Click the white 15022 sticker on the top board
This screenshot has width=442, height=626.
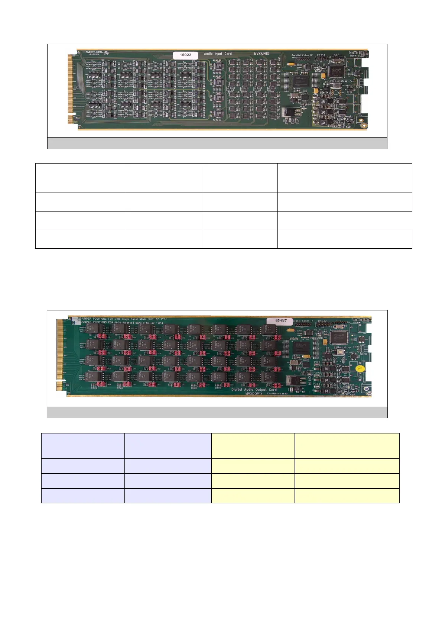point(185,55)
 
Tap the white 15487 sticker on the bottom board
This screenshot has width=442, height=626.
point(281,320)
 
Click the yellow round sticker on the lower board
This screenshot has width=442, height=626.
point(359,369)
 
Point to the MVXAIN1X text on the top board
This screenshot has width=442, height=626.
point(261,54)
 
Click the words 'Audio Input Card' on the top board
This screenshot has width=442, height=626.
point(218,54)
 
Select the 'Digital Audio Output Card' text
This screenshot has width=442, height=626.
point(254,390)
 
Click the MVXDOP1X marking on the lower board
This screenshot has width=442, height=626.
point(254,394)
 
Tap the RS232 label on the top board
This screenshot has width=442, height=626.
point(321,55)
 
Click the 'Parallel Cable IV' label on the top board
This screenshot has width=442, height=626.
point(302,55)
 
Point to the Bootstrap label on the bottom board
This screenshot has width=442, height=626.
point(344,348)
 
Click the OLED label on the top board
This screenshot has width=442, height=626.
point(359,88)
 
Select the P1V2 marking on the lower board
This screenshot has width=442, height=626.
point(317,362)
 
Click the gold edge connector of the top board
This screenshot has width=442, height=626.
point(70,89)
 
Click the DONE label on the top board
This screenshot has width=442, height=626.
point(319,71)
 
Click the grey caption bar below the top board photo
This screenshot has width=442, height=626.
point(217,143)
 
